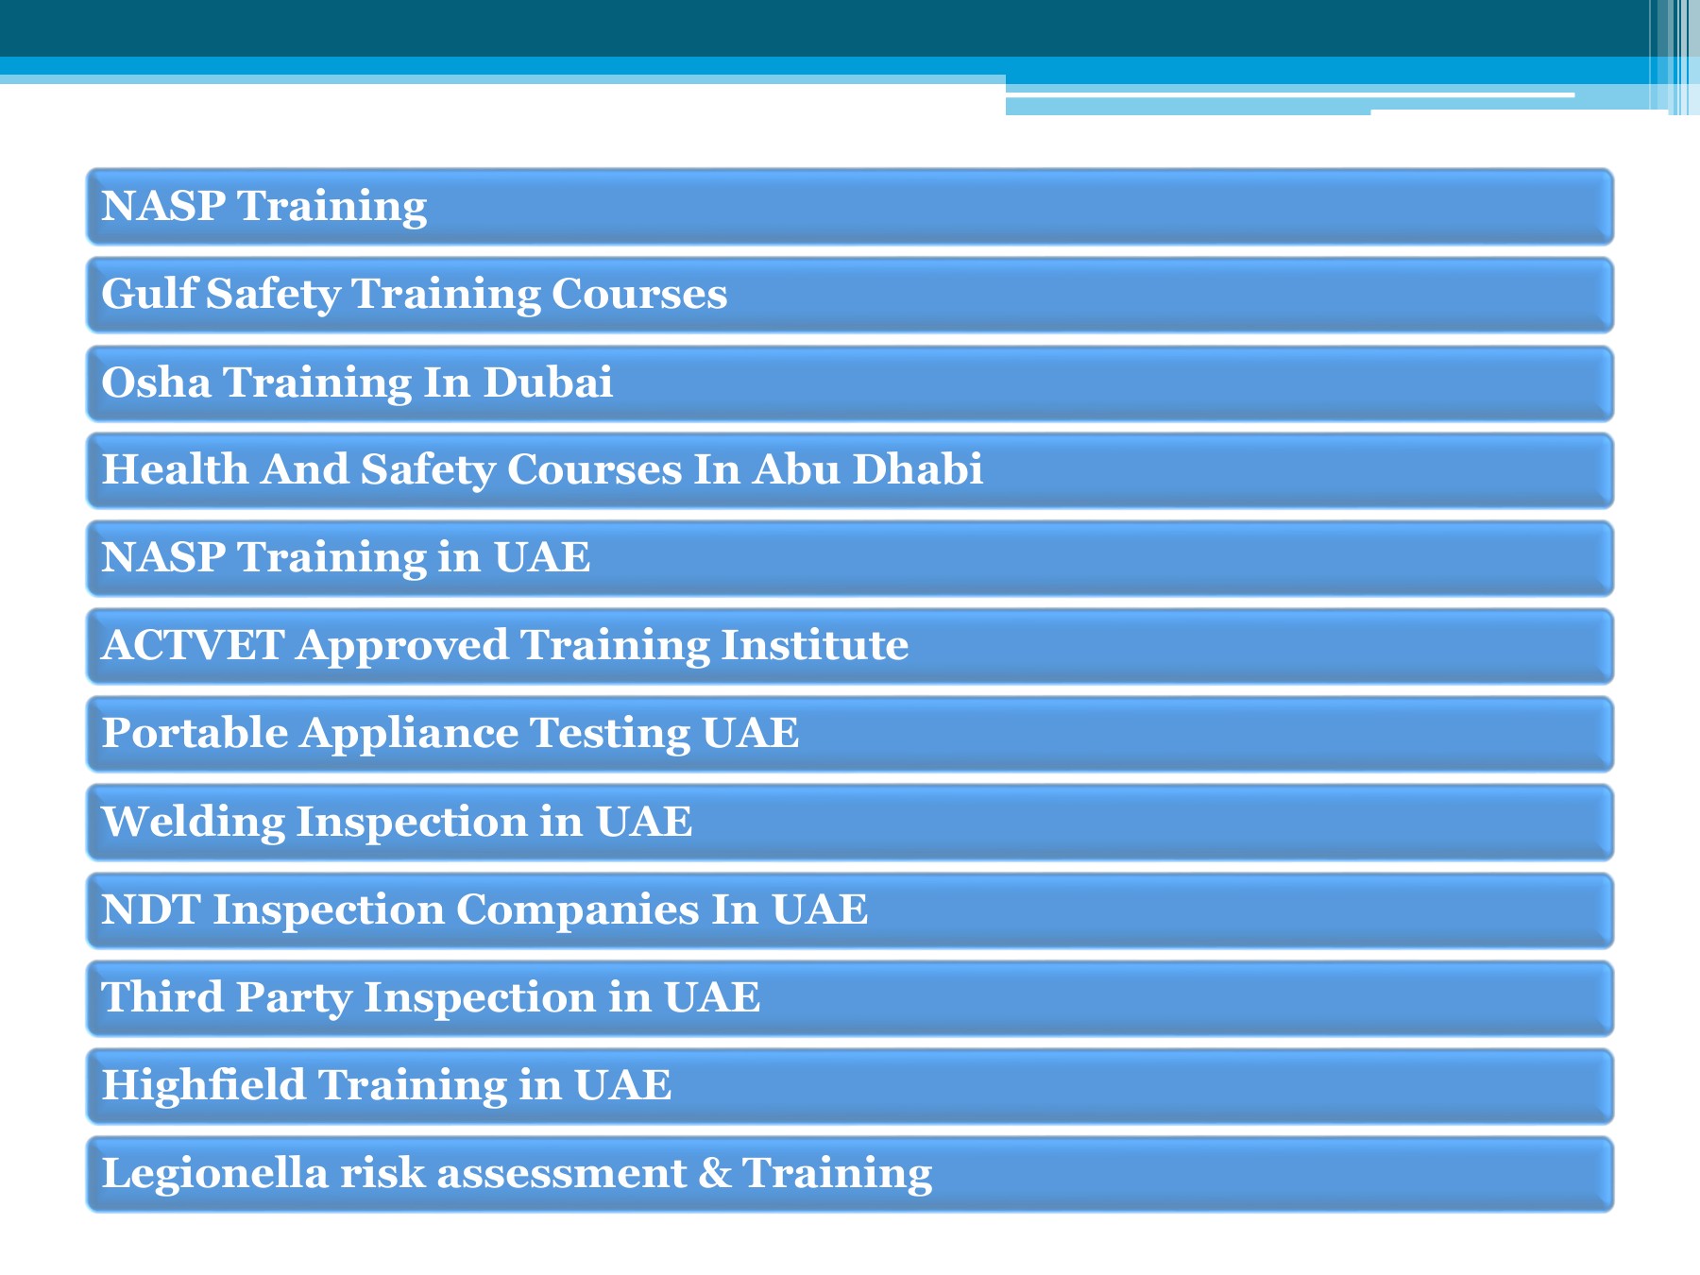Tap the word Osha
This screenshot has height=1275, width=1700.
pos(156,382)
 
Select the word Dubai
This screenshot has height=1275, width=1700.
pos(548,382)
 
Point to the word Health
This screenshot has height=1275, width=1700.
pos(175,469)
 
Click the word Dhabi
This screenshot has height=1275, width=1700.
pos(917,469)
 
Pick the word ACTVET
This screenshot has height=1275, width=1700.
pos(193,645)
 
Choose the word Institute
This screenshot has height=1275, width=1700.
pos(814,645)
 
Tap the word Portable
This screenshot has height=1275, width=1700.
pos(195,733)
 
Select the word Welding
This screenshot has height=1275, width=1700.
pos(193,822)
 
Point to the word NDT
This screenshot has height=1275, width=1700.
pos(150,909)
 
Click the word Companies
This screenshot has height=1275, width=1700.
pos(577,909)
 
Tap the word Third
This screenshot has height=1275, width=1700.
pos(161,997)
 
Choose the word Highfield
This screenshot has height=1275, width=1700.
pos(203,1085)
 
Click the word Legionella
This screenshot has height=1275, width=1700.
pos(214,1174)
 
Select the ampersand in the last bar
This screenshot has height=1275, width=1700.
pos(715,1173)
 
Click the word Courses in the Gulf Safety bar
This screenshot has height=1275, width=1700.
pos(639,294)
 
